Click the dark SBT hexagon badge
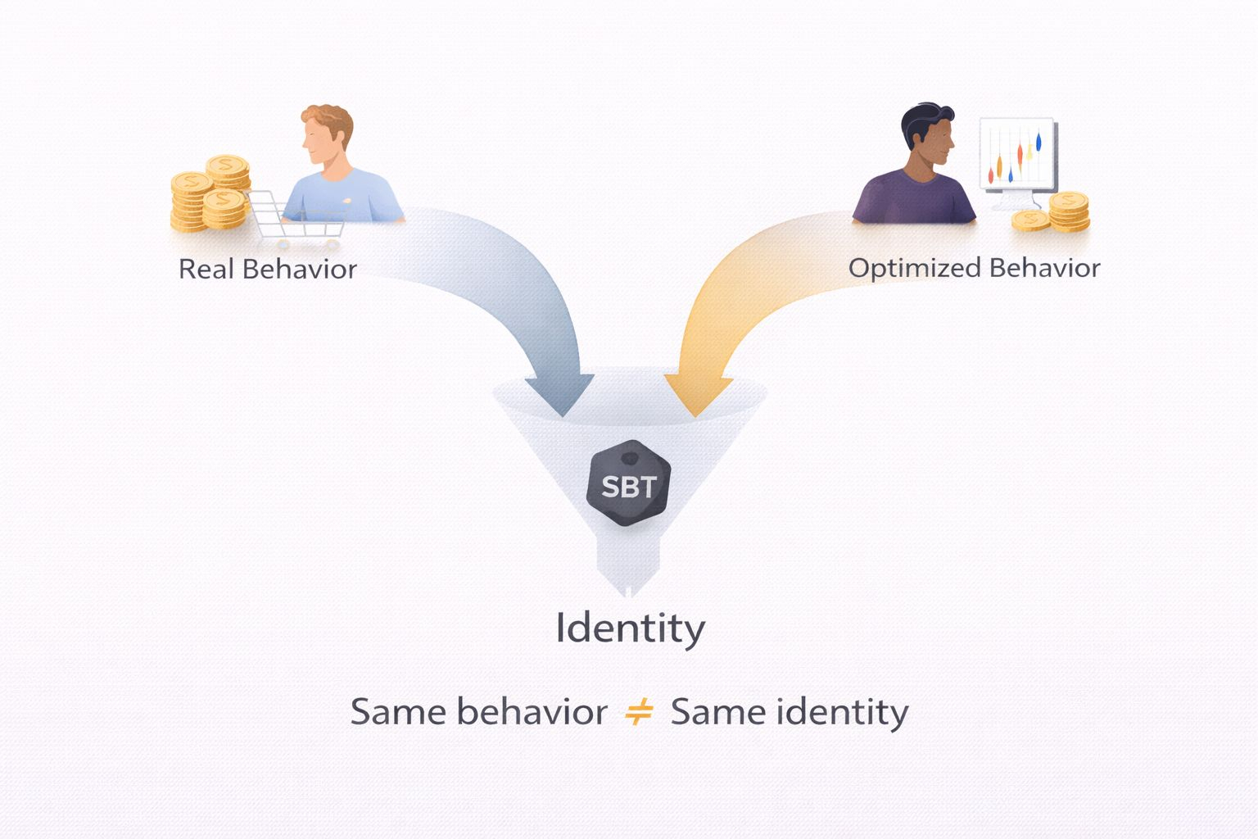629,486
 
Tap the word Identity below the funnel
630,629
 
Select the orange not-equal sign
639,711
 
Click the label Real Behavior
268,269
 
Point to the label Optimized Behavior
974,268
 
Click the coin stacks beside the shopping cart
210,193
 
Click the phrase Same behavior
478,711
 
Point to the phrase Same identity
790,711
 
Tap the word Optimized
914,268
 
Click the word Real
206,269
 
